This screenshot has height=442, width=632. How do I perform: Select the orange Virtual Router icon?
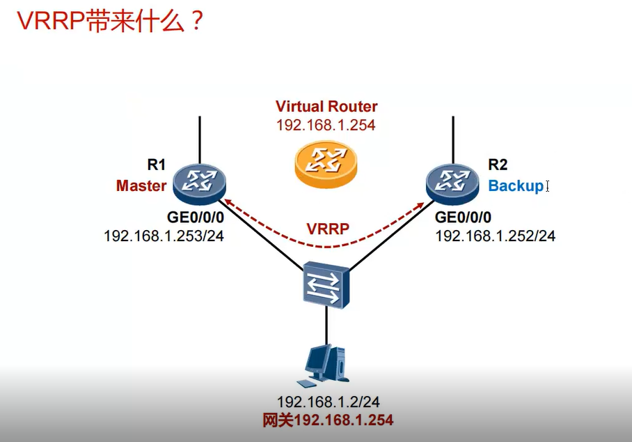coord(326,165)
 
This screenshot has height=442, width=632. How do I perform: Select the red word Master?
coord(141,186)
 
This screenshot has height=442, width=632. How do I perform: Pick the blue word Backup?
coord(515,186)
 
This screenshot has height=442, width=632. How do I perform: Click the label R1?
coord(156,165)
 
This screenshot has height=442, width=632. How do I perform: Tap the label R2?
coord(498,165)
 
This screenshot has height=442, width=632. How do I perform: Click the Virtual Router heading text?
coord(326,107)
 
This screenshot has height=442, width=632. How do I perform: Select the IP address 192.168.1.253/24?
coord(164,236)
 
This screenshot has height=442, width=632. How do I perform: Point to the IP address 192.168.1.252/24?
coord(496,236)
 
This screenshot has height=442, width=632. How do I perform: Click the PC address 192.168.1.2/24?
coord(328,402)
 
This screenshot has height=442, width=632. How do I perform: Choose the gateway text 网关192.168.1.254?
coord(327,420)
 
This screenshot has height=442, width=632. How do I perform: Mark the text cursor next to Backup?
coord(548,186)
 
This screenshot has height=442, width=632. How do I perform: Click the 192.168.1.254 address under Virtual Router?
coord(326,125)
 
